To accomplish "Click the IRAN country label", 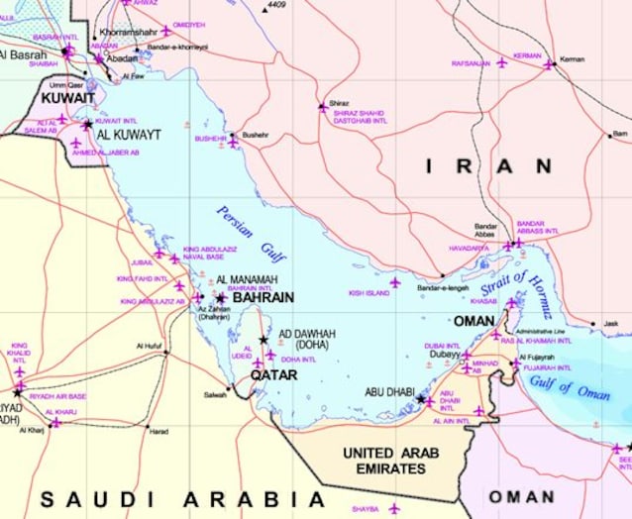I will tap(488, 166).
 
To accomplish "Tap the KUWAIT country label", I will tap(67, 99).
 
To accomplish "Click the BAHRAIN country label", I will tap(263, 297).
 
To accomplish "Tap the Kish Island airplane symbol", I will tap(394, 282).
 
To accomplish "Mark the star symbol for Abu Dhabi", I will tap(421, 398).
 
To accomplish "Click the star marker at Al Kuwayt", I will tap(87, 125).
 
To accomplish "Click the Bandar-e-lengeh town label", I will tap(441, 288).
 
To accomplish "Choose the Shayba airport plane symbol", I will tap(393, 508).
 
